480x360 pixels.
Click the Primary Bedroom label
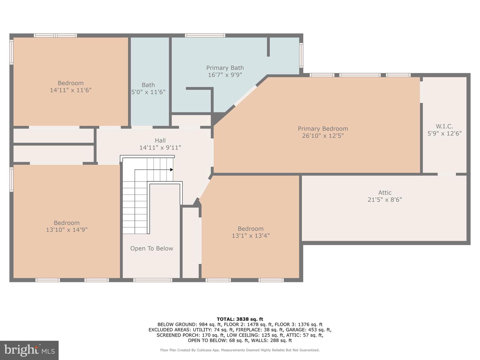pos(323,129)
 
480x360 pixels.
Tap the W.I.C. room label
pos(444,126)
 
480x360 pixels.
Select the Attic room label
pos(385,193)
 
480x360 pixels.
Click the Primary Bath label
pos(225,68)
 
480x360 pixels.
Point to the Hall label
pos(160,141)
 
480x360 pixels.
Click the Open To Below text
pos(152,248)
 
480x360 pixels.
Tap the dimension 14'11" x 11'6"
pos(71,90)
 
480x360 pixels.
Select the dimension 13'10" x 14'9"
pos(67,230)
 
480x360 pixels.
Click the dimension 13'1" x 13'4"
pos(251,236)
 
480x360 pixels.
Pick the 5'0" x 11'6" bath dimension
pos(148,92)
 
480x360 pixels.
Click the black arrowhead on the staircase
pos(171,170)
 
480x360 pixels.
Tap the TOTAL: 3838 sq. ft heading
pos(240,319)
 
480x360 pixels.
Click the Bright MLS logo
pos(29,350)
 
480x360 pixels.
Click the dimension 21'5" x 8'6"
pos(385,200)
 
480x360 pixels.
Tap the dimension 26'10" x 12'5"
pos(323,136)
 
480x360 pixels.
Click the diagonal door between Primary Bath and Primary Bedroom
pos(246,96)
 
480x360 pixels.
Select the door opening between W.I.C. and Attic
pos(447,174)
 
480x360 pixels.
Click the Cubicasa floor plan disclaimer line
pos(240,350)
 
